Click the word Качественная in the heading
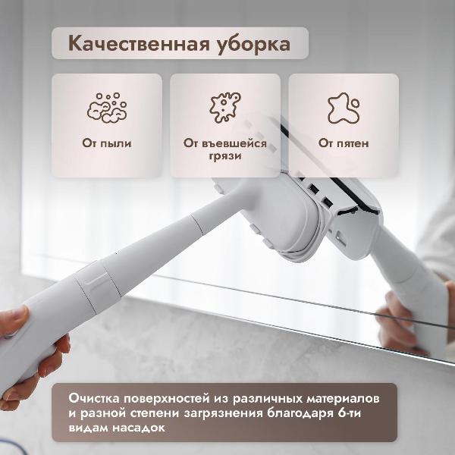[x=133, y=44]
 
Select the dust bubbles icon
[x=106, y=108]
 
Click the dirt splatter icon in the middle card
[x=224, y=108]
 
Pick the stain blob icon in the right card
[x=344, y=108]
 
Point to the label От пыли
[x=106, y=143]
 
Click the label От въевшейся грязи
[x=224, y=149]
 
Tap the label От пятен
[x=344, y=143]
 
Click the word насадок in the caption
[x=151, y=428]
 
